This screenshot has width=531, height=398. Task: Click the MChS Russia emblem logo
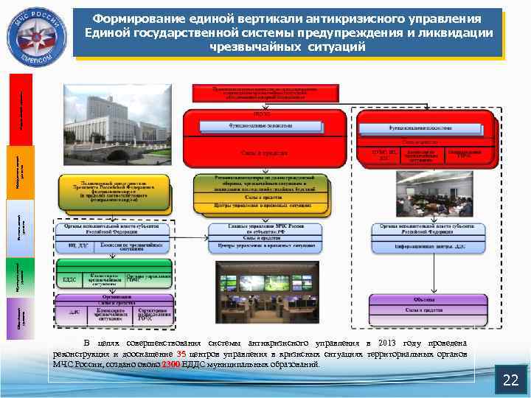coord(37,33)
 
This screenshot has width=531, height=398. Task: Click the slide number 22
coord(510,380)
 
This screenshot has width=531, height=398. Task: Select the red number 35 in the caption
coord(181,355)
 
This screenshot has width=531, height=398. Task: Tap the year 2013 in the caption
coord(389,344)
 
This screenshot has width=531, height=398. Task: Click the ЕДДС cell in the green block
coord(69,279)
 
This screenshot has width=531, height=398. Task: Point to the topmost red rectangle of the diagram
coord(265,92)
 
